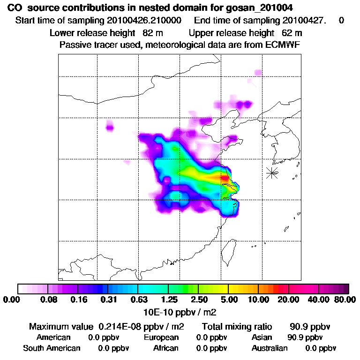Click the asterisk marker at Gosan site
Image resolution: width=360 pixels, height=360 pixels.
coord(272,172)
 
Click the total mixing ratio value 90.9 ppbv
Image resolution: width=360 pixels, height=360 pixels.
coord(307,327)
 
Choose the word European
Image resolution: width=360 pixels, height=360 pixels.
coord(161,337)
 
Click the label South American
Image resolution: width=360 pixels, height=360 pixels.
coord(52,348)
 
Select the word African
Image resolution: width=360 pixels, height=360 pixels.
coord(166,348)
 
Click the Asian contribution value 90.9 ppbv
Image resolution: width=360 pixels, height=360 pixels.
coord(305,337)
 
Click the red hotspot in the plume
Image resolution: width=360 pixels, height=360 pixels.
coord(225,178)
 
